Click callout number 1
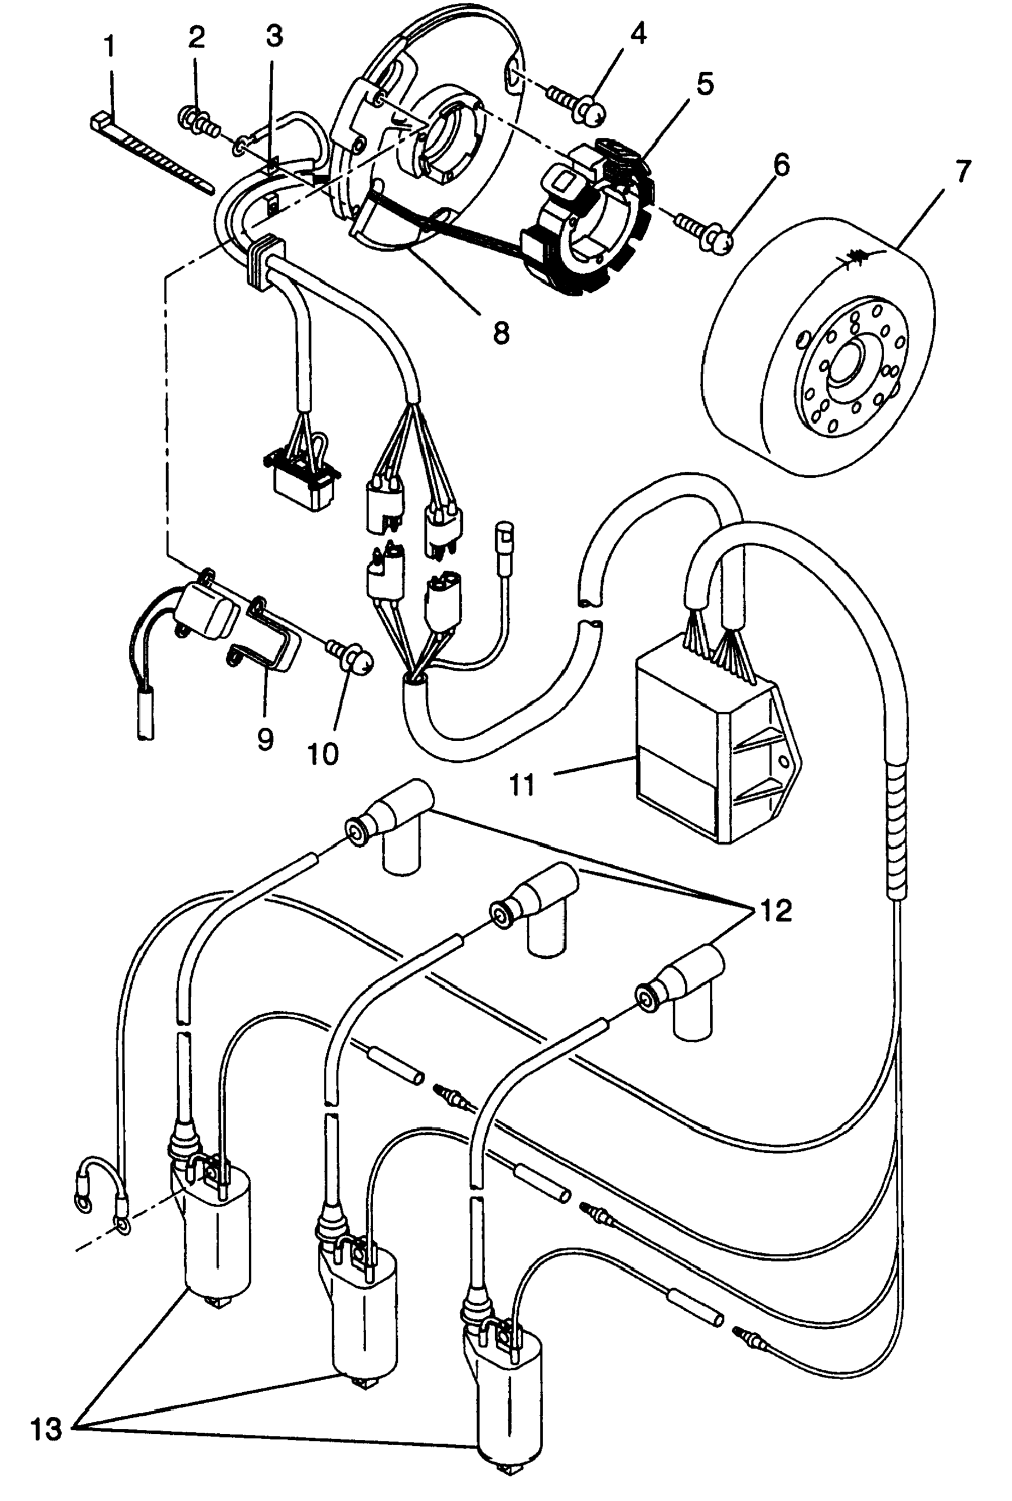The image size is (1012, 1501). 110,46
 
